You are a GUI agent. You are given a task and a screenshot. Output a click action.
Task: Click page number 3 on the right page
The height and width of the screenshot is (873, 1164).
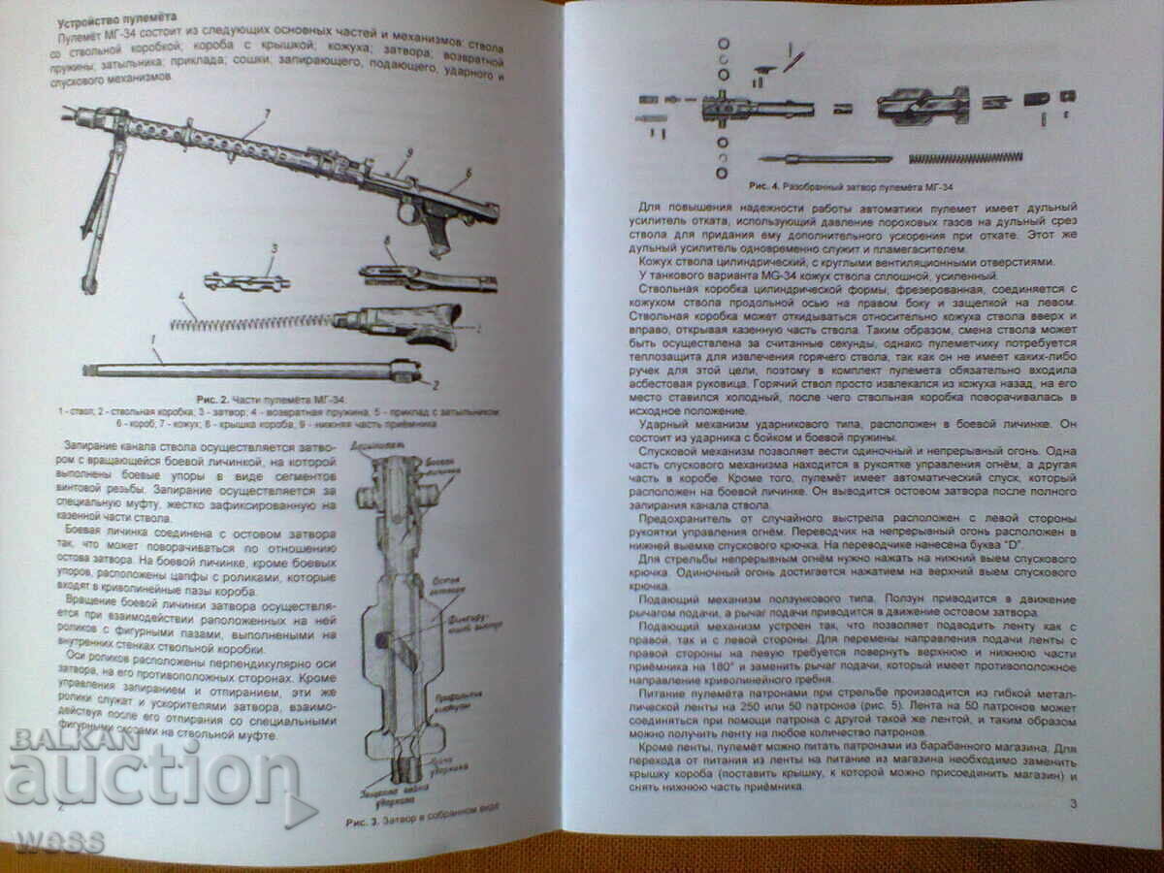tap(1072, 804)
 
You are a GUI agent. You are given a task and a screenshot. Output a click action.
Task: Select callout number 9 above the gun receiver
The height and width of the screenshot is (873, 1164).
tap(409, 152)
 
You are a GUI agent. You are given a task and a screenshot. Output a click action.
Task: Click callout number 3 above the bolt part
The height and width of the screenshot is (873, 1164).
tap(274, 248)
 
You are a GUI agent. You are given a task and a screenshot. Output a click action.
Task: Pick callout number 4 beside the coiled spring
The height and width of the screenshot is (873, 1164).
tap(179, 297)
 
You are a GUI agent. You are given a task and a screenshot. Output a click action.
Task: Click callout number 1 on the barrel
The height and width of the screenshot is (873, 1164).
tap(152, 339)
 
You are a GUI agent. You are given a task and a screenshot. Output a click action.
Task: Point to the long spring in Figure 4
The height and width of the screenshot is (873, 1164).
tap(965, 157)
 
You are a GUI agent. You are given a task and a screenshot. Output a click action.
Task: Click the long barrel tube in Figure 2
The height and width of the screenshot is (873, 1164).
tap(242, 370)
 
